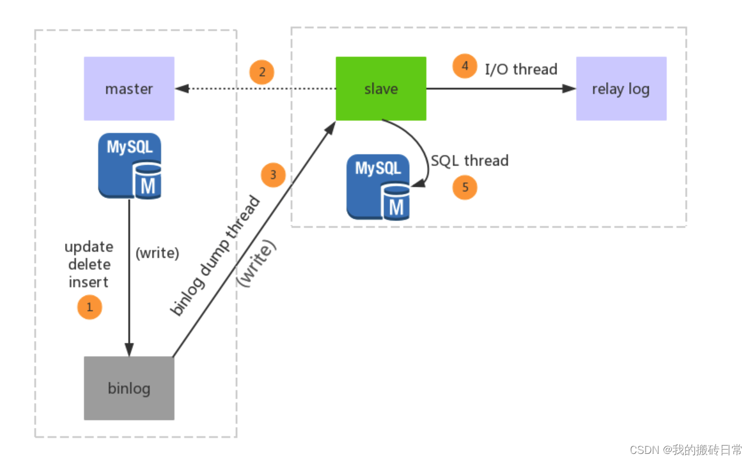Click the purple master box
coord(129,89)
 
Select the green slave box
coord(381,89)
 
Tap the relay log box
coord(621,89)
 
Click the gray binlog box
coord(129,388)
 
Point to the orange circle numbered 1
coord(90,307)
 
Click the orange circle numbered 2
coord(261,72)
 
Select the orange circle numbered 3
coord(273,175)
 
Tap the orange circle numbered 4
coord(465,66)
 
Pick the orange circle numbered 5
coord(465,187)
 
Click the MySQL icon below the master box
coord(130,165)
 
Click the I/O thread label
coord(521,69)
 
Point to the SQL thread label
coord(470,161)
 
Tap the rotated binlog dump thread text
coord(215,255)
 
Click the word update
coord(89,246)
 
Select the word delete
coord(89,264)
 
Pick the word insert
coord(89,282)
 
